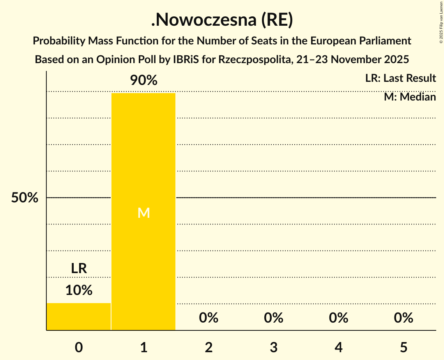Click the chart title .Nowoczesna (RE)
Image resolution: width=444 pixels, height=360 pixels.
(x=222, y=21)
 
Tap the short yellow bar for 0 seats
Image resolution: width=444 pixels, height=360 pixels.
(x=79, y=316)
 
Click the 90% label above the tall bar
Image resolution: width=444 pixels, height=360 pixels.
(x=143, y=81)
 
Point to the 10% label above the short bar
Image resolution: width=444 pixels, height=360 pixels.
(x=79, y=290)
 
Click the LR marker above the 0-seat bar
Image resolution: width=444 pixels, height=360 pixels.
(x=79, y=268)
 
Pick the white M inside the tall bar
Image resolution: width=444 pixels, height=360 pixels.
(x=143, y=213)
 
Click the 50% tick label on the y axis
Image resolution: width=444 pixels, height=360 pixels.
(x=25, y=198)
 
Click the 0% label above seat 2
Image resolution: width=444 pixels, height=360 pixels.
(x=209, y=318)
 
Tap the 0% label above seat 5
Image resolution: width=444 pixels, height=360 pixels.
(x=403, y=318)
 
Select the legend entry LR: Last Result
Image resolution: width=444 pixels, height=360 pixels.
(x=400, y=78)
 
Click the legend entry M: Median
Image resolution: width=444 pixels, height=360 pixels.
(x=410, y=97)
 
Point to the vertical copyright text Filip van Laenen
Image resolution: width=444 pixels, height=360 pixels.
(x=440, y=23)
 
